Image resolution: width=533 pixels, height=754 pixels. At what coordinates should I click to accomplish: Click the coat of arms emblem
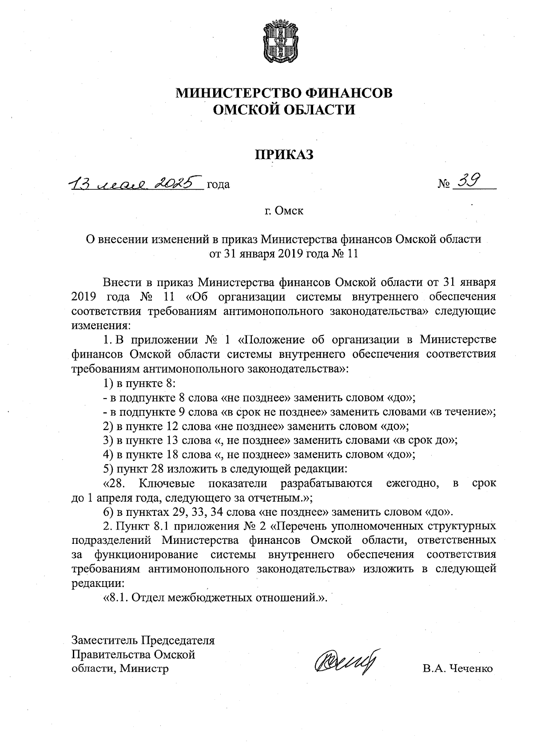(x=284, y=43)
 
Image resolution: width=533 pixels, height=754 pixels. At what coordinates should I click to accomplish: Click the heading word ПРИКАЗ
(x=284, y=154)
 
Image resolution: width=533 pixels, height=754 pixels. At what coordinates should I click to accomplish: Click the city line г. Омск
(x=284, y=211)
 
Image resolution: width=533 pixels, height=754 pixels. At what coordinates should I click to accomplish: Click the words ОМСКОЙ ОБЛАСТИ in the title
(x=284, y=109)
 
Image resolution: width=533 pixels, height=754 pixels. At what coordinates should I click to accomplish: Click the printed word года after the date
(x=218, y=184)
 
